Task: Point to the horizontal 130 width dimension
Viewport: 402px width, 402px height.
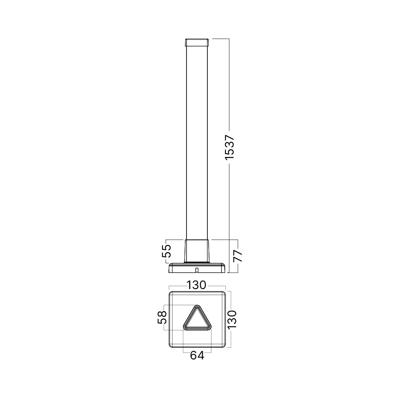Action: pyautogui.click(x=197, y=285)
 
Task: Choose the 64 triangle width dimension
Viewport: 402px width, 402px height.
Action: pyautogui.click(x=197, y=355)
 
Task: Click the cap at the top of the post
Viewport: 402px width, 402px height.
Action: pyautogui.click(x=197, y=42)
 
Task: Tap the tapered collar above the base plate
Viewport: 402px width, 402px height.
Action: pyautogui.click(x=197, y=251)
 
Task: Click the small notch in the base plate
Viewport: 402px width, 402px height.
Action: pyautogui.click(x=197, y=268)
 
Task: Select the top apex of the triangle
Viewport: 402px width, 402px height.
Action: pyautogui.click(x=197, y=307)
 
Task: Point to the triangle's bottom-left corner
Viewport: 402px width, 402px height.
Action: pyautogui.click(x=185, y=327)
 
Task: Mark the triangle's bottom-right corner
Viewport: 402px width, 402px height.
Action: pyautogui.click(x=209, y=327)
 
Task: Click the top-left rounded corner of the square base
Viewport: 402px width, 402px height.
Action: pyautogui.click(x=171, y=295)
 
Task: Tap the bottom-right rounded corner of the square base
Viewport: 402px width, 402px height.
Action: pyautogui.click(x=223, y=346)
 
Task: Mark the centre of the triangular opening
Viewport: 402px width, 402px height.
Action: pyautogui.click(x=197, y=320)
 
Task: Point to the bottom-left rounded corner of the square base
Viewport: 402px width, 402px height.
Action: pyautogui.click(x=171, y=346)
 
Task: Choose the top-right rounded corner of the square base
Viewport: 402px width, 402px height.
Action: pyautogui.click(x=223, y=295)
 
